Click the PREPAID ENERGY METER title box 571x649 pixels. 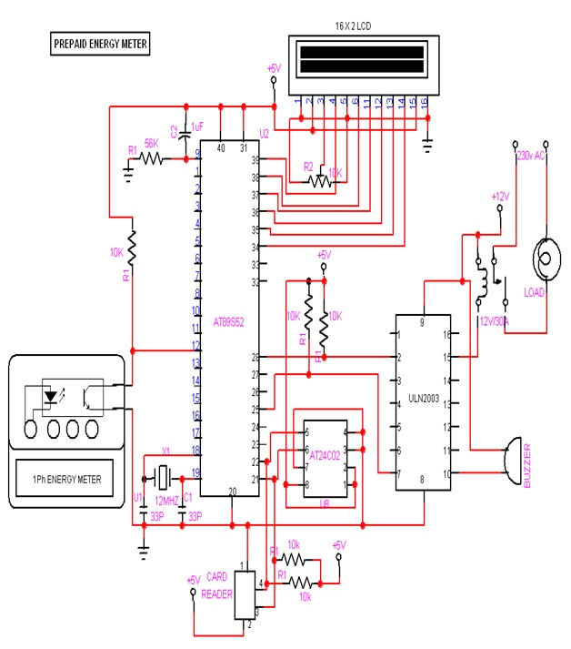coord(100,44)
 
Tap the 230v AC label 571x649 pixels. coord(531,157)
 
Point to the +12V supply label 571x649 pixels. coord(501,197)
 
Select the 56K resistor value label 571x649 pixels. coord(151,144)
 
